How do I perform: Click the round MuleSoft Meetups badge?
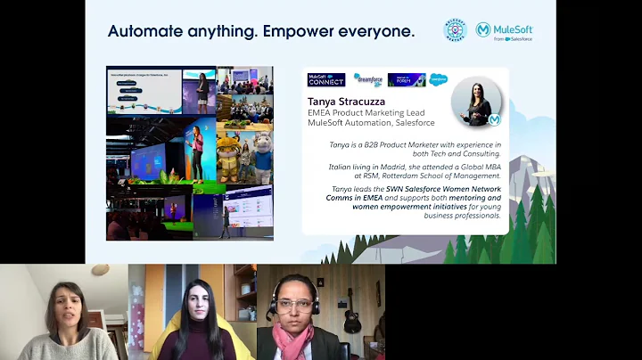pos(456,30)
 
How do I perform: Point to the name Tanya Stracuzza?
pos(351,102)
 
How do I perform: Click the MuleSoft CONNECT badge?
pos(326,79)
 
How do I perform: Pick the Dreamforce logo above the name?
pos(367,79)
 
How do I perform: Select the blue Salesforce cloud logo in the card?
pos(438,79)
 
